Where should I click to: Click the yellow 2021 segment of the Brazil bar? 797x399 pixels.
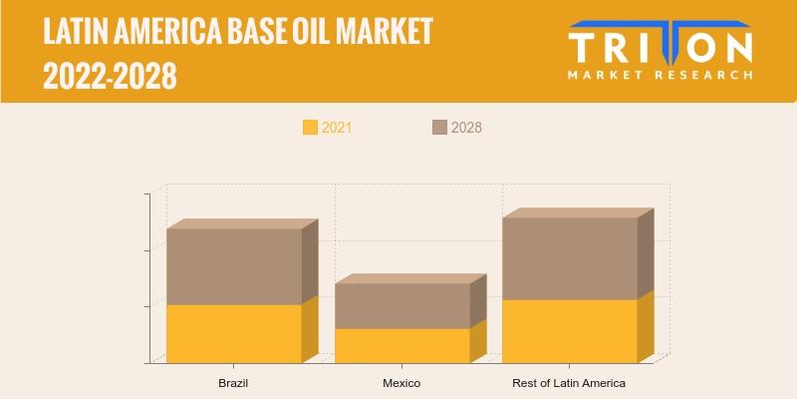tap(234, 334)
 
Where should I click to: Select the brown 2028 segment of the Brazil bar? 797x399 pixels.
tap(234, 266)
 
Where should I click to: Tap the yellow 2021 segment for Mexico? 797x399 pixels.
tap(402, 345)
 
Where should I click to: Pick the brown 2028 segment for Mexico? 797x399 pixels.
tap(402, 306)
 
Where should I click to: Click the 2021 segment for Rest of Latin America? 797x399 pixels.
tap(570, 331)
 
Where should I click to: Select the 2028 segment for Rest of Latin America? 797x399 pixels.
tap(570, 258)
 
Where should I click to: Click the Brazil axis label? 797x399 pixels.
tap(233, 383)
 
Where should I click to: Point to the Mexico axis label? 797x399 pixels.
tap(401, 383)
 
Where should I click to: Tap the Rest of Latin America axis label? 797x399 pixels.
tap(569, 383)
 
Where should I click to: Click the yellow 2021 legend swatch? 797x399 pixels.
tap(310, 128)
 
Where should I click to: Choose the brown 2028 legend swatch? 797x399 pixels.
tap(439, 128)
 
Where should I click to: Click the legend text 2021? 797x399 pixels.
tap(337, 128)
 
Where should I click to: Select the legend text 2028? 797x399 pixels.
tap(466, 128)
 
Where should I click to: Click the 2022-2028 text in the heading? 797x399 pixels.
tap(110, 76)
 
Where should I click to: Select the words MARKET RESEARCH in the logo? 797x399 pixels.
tap(661, 76)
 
